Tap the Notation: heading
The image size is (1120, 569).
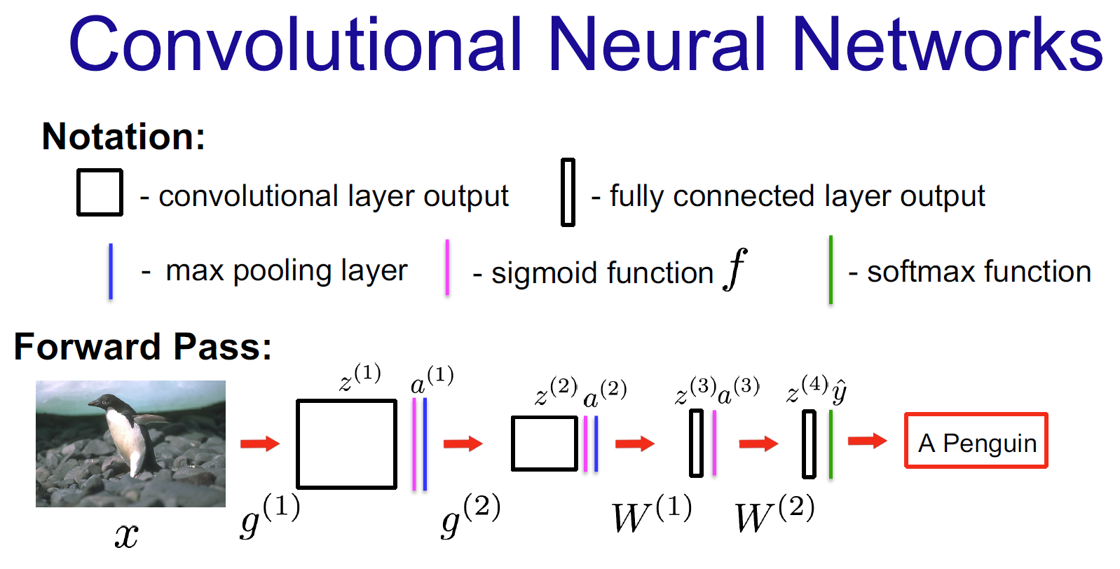point(123,136)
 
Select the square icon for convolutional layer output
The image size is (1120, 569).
point(100,192)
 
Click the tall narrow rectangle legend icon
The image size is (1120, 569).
point(568,192)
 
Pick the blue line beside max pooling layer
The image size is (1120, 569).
point(111,271)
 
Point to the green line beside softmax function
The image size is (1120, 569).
point(831,270)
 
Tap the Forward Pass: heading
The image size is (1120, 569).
point(143,346)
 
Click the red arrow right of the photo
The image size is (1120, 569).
point(259,443)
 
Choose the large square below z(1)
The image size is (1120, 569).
point(346,444)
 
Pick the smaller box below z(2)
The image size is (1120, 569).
point(545,443)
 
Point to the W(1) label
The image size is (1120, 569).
point(651,515)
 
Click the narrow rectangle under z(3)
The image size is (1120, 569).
point(696,443)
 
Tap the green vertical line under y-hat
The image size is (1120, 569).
point(831,444)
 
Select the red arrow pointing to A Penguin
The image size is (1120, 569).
point(867,441)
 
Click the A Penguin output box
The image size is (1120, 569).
point(976,441)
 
